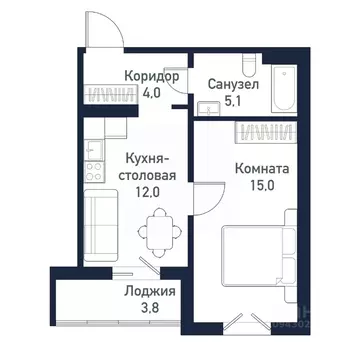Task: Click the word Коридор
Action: (x=153, y=76)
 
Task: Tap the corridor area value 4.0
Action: (x=153, y=95)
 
